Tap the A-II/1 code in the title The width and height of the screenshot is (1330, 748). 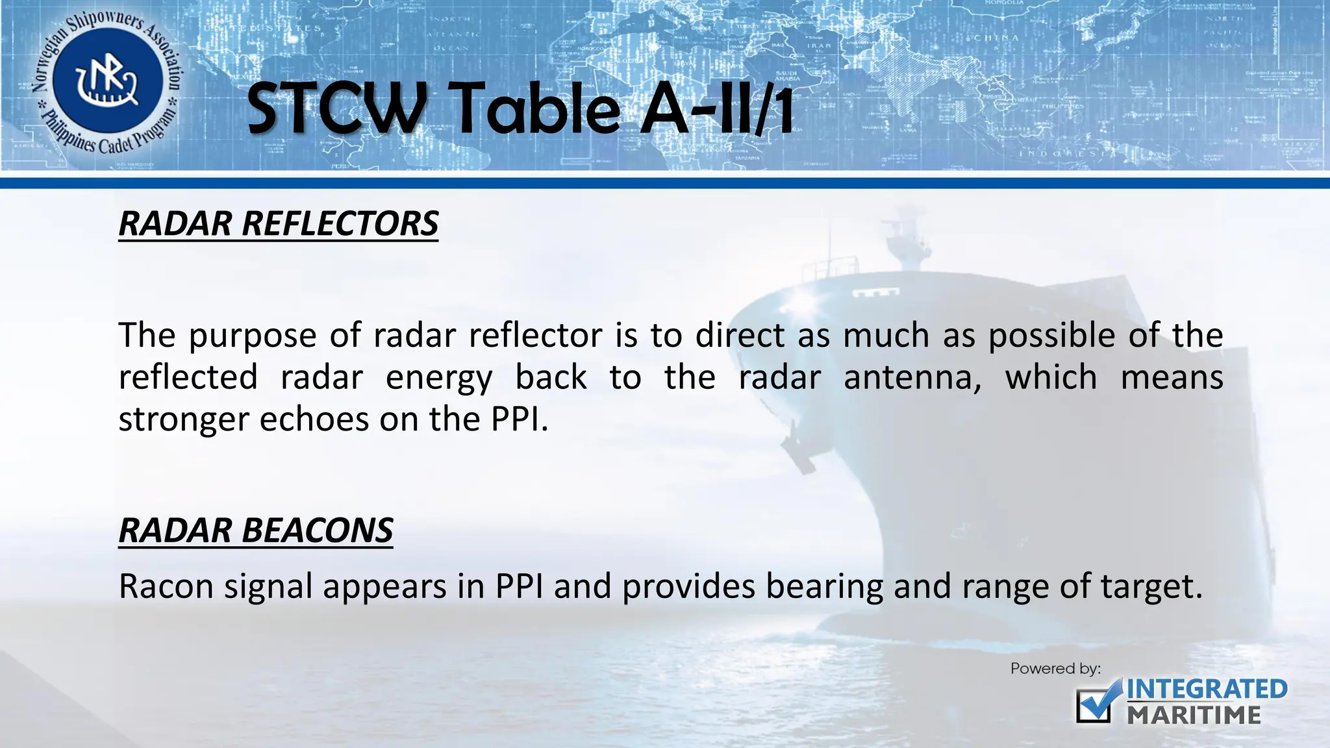717,108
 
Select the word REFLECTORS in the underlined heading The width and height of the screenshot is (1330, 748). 340,223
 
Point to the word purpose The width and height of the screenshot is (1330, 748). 253,336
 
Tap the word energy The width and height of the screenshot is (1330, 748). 439,378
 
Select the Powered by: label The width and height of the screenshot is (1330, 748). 1055,668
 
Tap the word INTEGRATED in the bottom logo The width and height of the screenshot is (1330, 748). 1207,689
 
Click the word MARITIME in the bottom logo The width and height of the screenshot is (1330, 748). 1194,716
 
